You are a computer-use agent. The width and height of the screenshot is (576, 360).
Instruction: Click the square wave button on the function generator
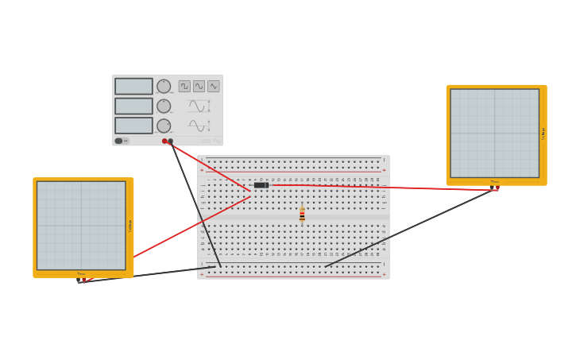pyautogui.click(x=184, y=86)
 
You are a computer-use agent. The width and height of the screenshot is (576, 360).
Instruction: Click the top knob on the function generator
pyautogui.click(x=164, y=86)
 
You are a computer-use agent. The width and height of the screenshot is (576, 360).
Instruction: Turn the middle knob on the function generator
pyautogui.click(x=164, y=106)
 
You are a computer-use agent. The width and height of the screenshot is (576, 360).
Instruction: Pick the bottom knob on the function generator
pyautogui.click(x=164, y=126)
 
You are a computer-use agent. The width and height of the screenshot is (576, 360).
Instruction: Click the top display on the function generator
pyautogui.click(x=133, y=86)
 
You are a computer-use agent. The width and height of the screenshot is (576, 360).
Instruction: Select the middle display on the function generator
pyautogui.click(x=133, y=106)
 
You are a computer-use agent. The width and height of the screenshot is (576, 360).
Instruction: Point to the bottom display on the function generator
pyautogui.click(x=133, y=126)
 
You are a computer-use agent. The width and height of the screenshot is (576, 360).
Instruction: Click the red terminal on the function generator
pyautogui.click(x=164, y=141)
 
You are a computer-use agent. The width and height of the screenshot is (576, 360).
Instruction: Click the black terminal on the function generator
pyautogui.click(x=170, y=141)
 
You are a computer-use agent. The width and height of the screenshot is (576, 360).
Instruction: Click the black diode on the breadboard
pyautogui.click(x=261, y=185)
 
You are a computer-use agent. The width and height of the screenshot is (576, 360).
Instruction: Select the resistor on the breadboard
pyautogui.click(x=302, y=215)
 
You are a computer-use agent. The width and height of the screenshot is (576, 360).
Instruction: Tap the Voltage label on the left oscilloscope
pyautogui.click(x=130, y=226)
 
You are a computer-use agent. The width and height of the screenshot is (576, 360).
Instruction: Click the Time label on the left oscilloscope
pyautogui.click(x=81, y=274)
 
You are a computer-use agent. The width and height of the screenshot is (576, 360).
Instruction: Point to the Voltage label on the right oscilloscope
pyautogui.click(x=543, y=134)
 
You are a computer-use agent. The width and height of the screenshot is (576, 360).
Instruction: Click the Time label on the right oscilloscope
pyautogui.click(x=494, y=182)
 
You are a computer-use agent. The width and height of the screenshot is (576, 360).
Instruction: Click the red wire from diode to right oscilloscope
pyautogui.click(x=381, y=188)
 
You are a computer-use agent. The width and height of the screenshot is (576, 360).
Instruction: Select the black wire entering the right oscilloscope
pyautogui.click(x=413, y=227)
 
